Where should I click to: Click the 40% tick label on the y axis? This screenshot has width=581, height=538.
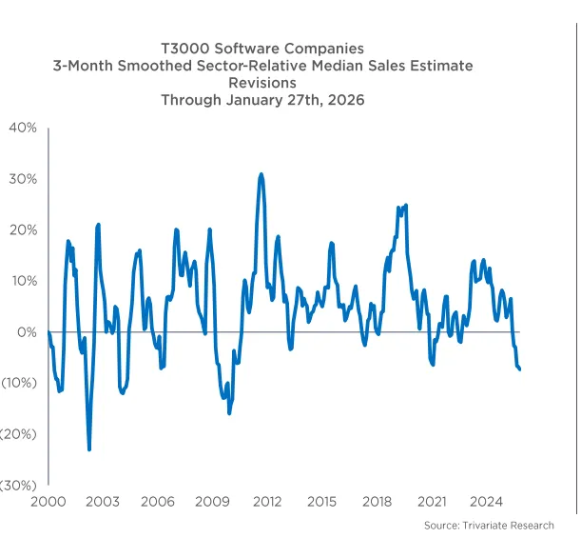click(22, 128)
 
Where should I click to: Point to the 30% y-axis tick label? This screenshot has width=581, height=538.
click(22, 179)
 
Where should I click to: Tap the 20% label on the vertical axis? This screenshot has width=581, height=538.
click(22, 229)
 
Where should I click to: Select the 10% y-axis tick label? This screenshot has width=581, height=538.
click(22, 281)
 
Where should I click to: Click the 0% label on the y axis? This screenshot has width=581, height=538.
click(26, 332)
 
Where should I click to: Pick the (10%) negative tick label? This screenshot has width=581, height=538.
click(19, 383)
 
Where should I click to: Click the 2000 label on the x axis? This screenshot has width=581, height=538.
click(48, 502)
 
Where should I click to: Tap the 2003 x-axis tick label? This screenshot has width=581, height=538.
click(103, 502)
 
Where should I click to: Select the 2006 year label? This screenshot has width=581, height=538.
click(158, 502)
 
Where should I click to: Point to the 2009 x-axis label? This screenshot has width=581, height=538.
click(213, 502)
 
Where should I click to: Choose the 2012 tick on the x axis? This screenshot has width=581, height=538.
click(267, 502)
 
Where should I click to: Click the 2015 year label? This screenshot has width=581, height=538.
click(322, 502)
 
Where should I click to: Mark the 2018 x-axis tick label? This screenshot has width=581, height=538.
click(378, 502)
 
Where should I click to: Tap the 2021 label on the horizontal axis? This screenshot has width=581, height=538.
click(433, 502)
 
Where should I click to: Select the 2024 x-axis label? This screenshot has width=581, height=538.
click(487, 502)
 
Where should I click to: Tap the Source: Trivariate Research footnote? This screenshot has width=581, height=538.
click(489, 526)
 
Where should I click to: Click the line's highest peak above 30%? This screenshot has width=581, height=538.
click(261, 174)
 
